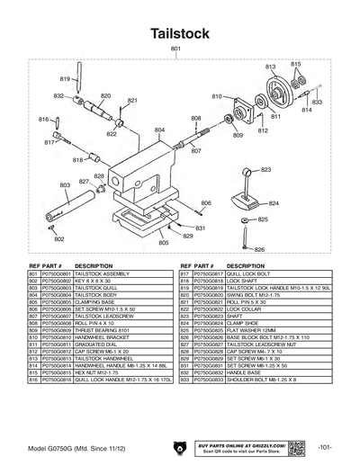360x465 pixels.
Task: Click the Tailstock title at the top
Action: point(180,33)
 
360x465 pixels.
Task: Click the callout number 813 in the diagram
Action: point(270,67)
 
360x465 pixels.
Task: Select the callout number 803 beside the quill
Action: point(64,184)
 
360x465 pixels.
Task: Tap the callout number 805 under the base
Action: point(163,243)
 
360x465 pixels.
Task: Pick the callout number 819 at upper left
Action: point(64,79)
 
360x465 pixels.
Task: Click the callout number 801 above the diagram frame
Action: point(175,48)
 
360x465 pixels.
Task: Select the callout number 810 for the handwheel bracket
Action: point(217,96)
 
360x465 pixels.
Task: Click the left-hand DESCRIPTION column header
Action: point(94,266)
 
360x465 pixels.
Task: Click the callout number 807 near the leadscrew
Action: point(195,151)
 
